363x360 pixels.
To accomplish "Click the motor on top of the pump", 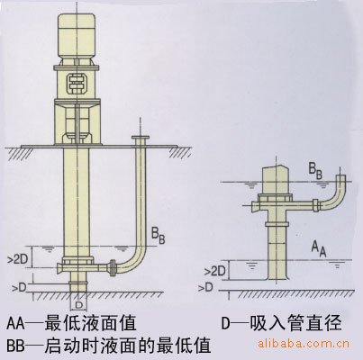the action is (x=77, y=39).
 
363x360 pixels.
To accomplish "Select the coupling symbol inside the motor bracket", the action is (x=77, y=83).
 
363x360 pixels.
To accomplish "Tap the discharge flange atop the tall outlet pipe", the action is (x=141, y=138).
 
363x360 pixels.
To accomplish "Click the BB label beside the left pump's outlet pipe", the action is (x=158, y=236).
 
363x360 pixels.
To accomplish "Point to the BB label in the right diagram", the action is (x=316, y=172).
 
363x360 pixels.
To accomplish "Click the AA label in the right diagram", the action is (x=319, y=249).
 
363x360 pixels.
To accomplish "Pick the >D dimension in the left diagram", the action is (x=19, y=288).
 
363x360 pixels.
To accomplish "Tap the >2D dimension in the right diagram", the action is (x=215, y=272).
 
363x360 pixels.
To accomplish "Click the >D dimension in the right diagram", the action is (x=205, y=287).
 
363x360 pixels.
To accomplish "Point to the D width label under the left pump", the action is (x=78, y=305).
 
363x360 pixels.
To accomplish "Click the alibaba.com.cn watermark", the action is (x=304, y=343).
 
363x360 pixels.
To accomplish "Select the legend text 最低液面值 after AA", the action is (x=90, y=323).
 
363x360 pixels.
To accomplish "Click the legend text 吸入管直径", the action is (x=295, y=323).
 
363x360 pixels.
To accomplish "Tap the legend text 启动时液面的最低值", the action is (x=128, y=346).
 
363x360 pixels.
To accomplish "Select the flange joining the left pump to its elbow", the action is (x=113, y=267).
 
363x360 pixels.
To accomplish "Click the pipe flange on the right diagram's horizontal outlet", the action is (x=316, y=205).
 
